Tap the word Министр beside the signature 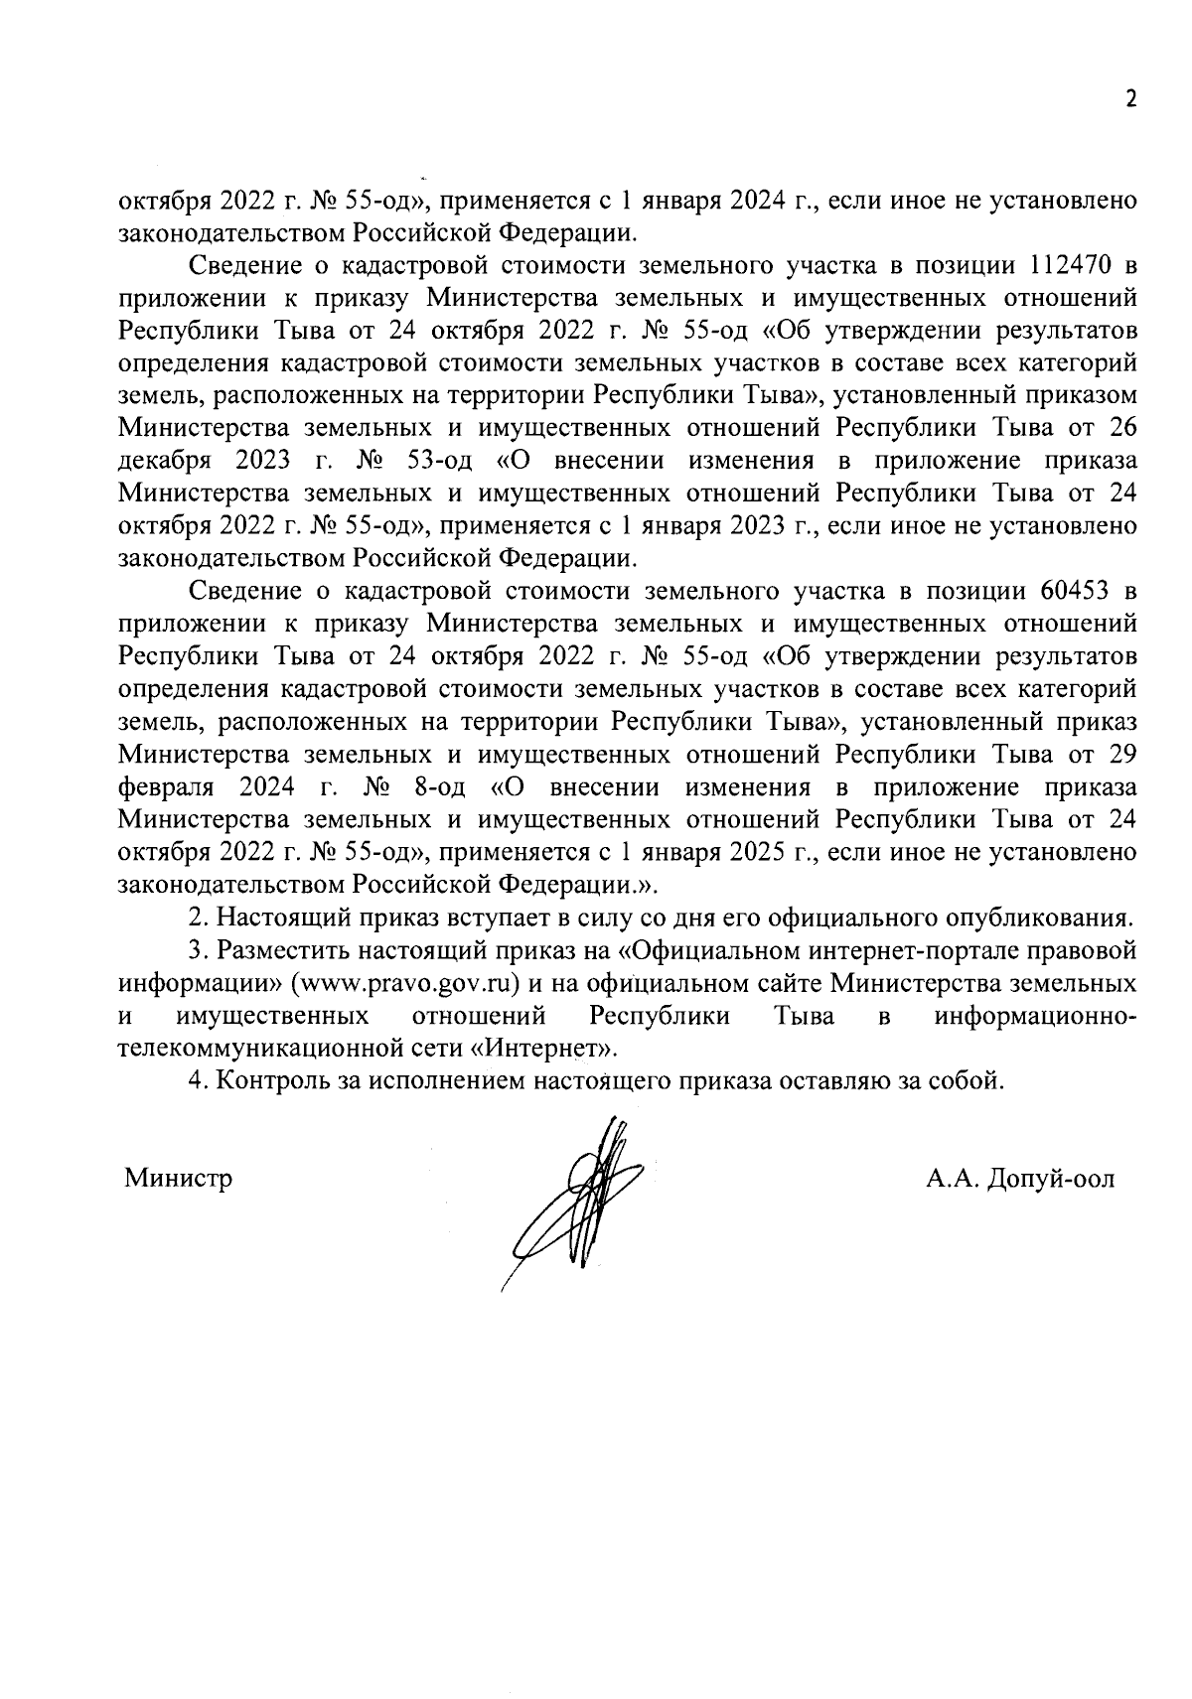[179, 1179]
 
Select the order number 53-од [435, 461]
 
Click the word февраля [166, 787]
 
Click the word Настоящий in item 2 [270, 918]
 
